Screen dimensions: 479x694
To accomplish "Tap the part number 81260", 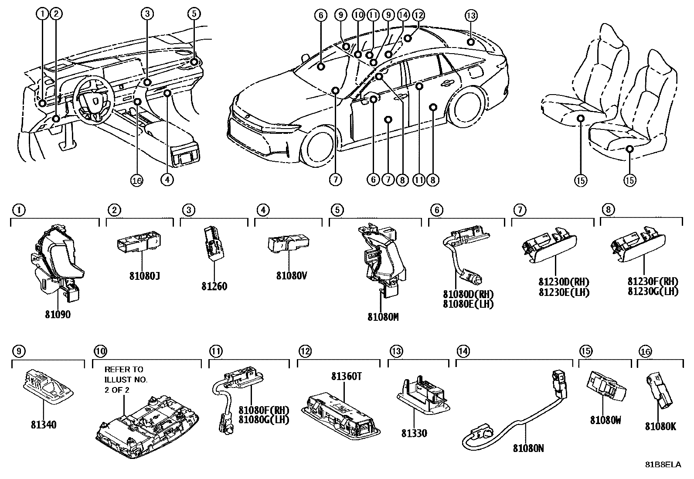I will coord(214,286).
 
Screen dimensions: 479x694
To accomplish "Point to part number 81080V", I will coord(292,276).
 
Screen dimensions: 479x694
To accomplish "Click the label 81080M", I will coord(383,317).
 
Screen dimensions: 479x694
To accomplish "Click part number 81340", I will coord(44,424).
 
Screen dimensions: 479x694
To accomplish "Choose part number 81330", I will coord(415,433).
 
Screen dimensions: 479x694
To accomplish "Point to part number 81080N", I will coord(528,448).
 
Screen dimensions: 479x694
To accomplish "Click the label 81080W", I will coord(606,420).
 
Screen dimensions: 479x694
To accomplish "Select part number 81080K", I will coord(660,427).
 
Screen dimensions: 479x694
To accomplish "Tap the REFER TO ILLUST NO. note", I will coord(126,379).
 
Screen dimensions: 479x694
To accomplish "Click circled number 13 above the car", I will coord(471,16).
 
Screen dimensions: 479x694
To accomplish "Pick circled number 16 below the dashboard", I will coord(137,180).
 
